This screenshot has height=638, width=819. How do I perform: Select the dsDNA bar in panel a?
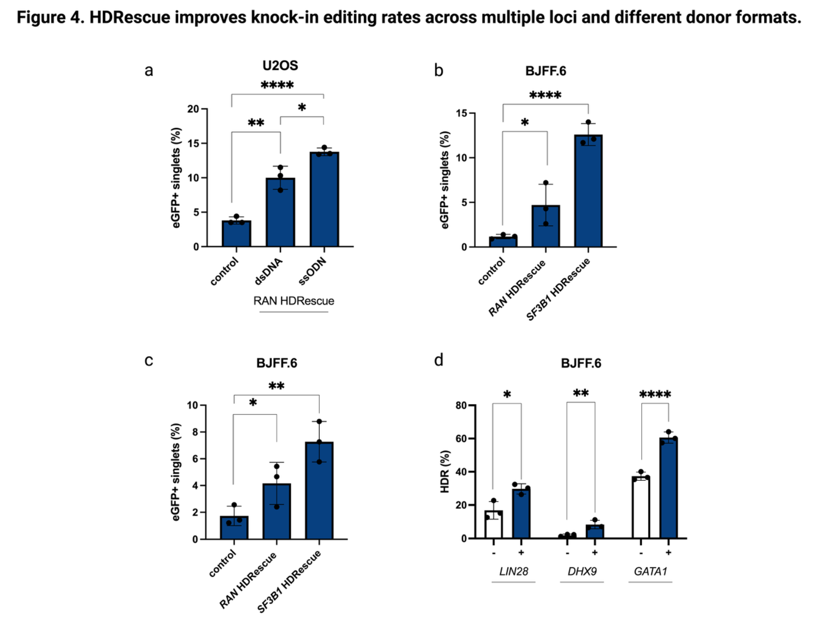click(x=280, y=212)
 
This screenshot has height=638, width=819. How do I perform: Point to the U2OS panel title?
click(x=280, y=66)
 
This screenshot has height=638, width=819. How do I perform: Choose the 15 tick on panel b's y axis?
click(x=462, y=113)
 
